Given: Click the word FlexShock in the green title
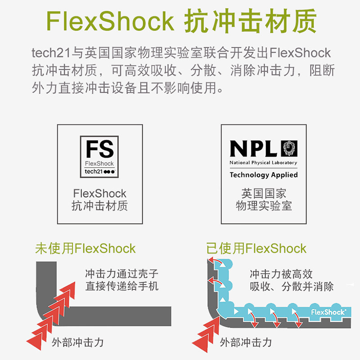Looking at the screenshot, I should tap(110, 21).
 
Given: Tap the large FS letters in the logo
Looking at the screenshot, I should tap(99, 149).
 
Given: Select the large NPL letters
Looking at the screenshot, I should tap(254, 148).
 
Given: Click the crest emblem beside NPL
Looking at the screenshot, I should tap(289, 148).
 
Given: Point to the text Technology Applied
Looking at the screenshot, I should tap(264, 175).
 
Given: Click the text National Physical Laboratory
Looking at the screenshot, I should tap(264, 162).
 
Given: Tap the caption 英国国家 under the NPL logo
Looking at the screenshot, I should tap(264, 194).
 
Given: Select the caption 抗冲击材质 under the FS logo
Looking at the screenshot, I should tap(99, 206).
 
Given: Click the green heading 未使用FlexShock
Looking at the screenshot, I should tap(85, 248).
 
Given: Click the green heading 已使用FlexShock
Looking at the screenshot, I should tap(256, 248).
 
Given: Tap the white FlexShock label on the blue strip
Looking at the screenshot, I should tap(328, 311).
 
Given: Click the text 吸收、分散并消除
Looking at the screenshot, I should tap(292, 286).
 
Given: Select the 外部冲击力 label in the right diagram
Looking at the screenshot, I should tap(246, 342).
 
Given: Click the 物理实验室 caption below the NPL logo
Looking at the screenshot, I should tap(264, 206).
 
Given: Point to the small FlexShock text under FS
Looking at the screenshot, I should tap(99, 163).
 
